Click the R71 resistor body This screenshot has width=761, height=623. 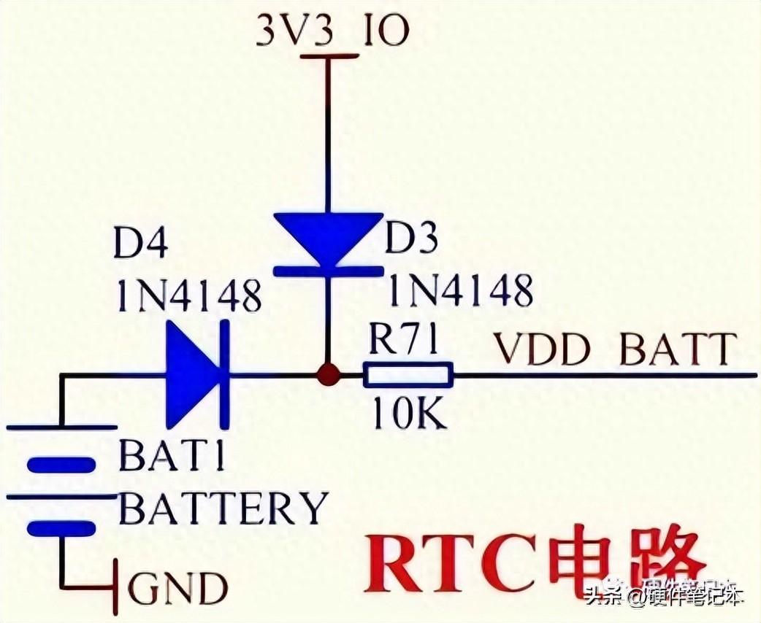click(x=408, y=376)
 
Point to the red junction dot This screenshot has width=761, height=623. click(x=328, y=376)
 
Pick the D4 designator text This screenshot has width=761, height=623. click(x=141, y=245)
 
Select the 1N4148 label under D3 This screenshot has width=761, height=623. click(x=460, y=291)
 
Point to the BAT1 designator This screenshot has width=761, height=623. click(x=172, y=457)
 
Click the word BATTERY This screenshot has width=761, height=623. click(x=223, y=508)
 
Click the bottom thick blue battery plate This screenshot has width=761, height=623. click(x=61, y=528)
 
